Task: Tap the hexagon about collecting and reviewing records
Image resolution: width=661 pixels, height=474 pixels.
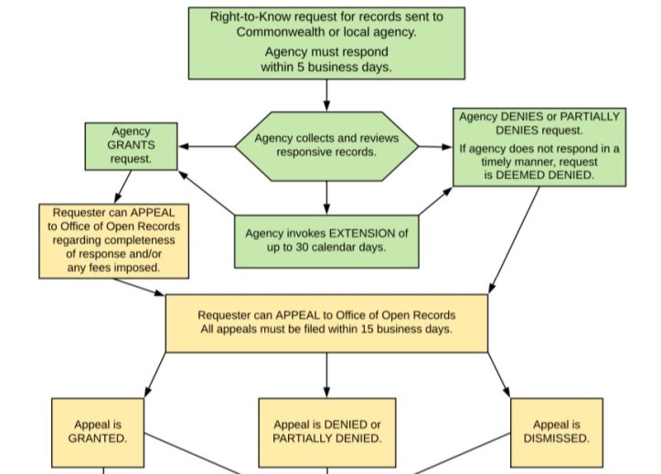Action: point(326,144)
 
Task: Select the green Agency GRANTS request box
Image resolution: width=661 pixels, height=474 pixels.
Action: point(132,145)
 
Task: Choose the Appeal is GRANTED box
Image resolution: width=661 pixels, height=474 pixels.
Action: point(97,431)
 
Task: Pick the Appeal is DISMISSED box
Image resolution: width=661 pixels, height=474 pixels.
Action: point(556,431)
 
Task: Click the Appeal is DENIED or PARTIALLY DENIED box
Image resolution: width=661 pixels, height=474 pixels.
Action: point(326,431)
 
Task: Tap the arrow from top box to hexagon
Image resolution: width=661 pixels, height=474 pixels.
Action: point(326,94)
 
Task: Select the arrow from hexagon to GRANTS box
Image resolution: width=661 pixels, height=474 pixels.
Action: point(207,145)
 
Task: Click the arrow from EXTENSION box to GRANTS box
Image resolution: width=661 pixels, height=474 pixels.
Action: point(207,194)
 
